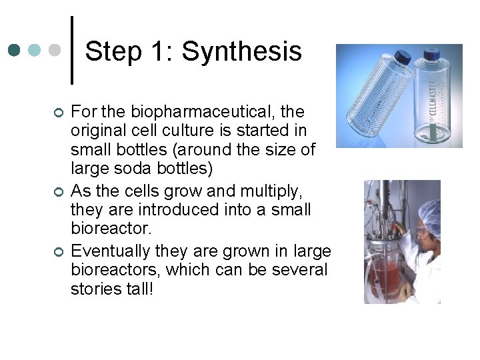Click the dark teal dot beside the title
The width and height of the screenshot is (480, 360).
point(15,50)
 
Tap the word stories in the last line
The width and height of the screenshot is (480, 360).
point(94,291)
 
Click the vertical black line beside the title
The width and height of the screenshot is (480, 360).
point(72,50)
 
